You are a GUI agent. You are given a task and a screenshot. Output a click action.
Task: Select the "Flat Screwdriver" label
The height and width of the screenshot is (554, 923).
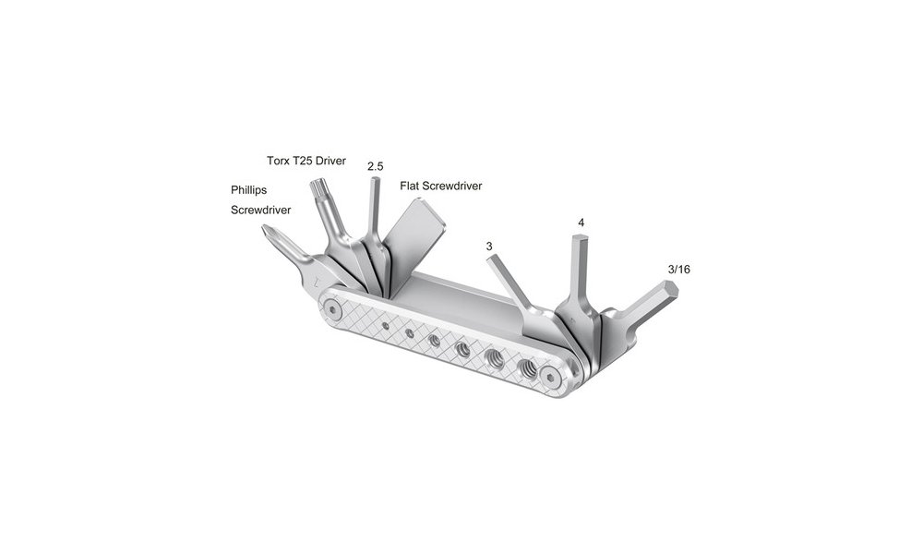tap(440, 186)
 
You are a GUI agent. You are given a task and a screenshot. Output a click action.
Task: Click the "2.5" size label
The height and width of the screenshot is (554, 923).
tap(375, 166)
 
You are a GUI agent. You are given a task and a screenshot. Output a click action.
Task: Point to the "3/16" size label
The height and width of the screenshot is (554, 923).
tap(678, 269)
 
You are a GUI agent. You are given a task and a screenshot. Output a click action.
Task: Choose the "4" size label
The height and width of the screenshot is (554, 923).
tap(581, 223)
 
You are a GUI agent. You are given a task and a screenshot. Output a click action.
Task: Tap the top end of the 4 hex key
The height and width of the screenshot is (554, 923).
tap(580, 241)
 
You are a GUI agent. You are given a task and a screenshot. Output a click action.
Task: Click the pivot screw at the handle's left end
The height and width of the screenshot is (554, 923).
tap(331, 307)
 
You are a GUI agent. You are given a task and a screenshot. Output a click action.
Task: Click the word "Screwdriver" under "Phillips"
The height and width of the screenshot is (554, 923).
tap(260, 210)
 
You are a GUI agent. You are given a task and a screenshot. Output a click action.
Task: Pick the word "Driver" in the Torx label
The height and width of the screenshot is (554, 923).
tap(327, 161)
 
